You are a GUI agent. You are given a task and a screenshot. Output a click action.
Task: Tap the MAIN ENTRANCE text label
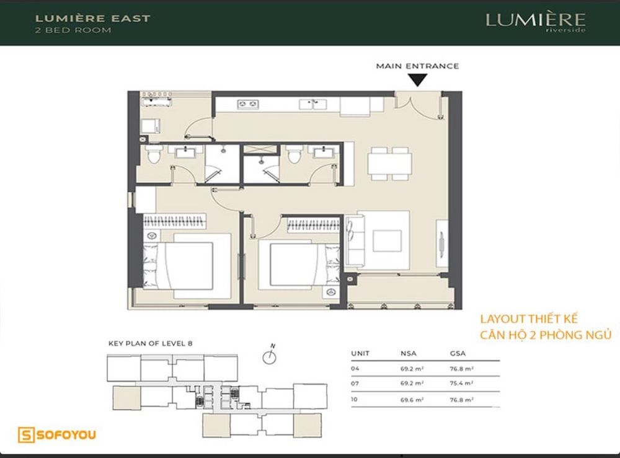pos(417,66)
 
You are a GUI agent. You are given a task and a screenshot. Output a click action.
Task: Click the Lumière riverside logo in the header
pos(535,22)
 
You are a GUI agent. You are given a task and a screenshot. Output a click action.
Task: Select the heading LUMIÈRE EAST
pos(93,18)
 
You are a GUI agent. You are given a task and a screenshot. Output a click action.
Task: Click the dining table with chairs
pos(389,163)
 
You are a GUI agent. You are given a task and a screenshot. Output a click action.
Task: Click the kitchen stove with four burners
pos(249,104)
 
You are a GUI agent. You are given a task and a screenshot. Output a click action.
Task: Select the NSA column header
pos(409,354)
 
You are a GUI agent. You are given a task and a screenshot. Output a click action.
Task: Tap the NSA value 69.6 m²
pos(412,400)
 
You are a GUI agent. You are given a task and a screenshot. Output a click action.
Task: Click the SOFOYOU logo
pos(57,435)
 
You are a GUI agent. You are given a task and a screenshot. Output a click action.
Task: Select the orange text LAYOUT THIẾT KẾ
pos(529,319)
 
